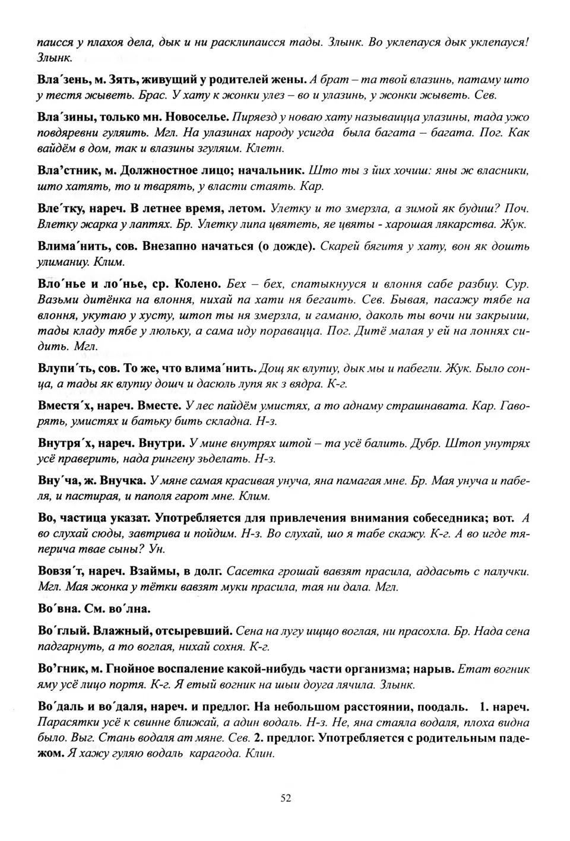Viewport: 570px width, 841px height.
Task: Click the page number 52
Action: coord(286,798)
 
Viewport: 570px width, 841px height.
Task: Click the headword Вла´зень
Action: coord(62,79)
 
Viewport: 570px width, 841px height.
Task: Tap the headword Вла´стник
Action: coord(67,170)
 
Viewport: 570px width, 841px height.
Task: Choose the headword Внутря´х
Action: coord(65,443)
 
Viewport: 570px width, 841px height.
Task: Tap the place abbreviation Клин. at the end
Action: coord(260,754)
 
